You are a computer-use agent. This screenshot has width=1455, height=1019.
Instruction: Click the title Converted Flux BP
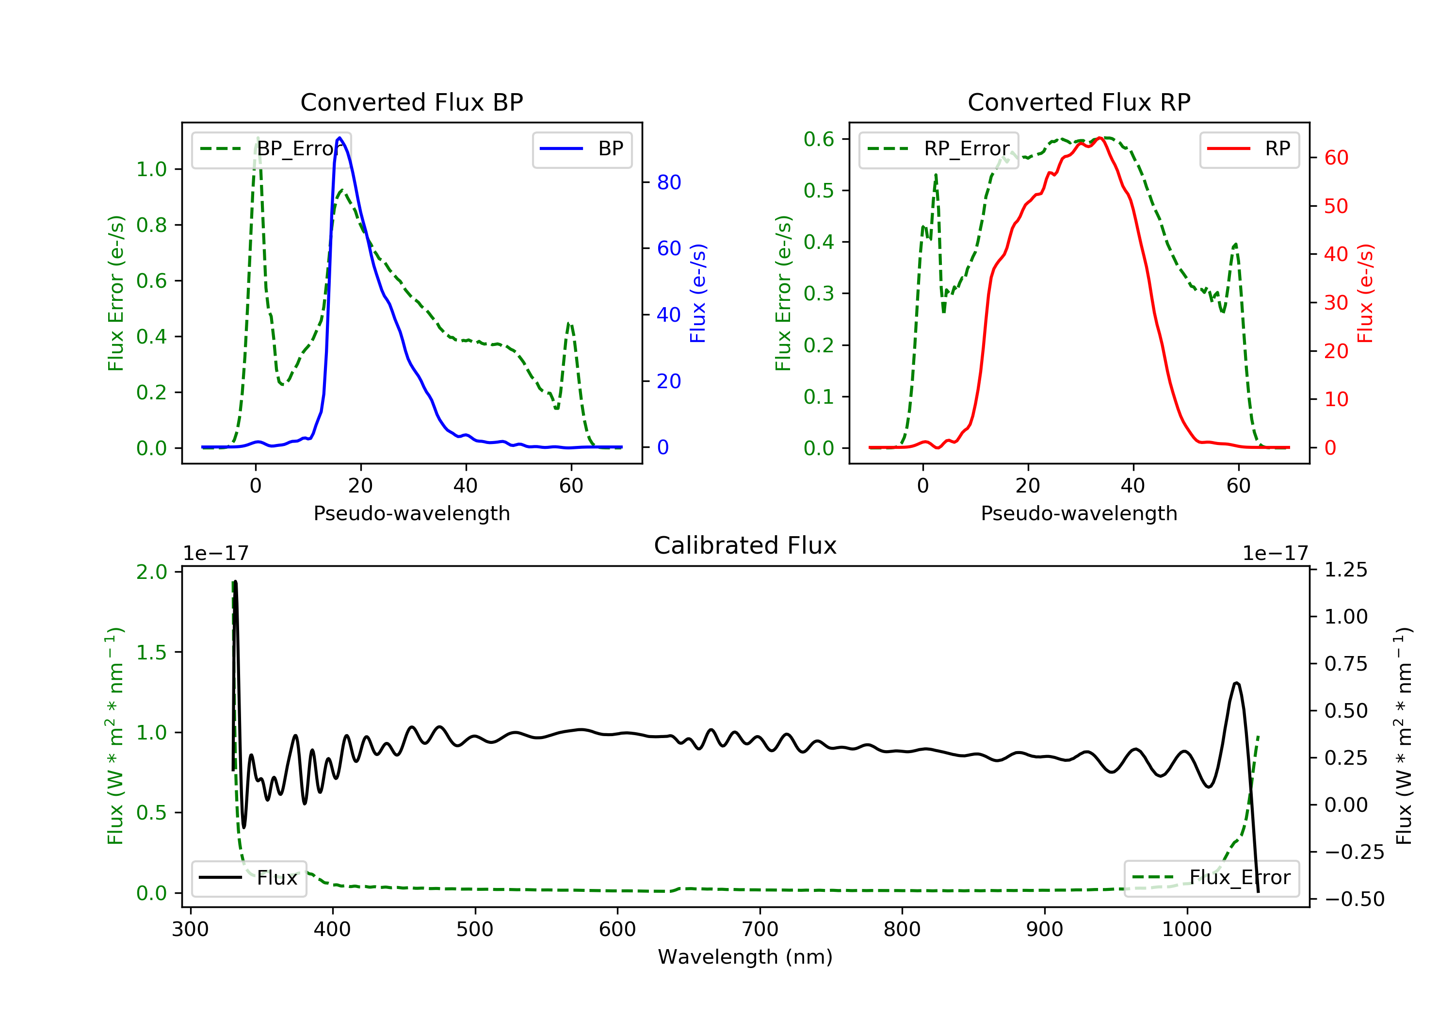coord(411,102)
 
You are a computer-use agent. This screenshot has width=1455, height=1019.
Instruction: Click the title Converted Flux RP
coord(1079,102)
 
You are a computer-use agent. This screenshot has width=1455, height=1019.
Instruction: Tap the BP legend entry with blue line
coord(582,149)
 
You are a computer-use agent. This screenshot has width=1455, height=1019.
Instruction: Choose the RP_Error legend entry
coord(938,149)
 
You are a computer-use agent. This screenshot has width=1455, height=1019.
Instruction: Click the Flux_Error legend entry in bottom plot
coord(1211,878)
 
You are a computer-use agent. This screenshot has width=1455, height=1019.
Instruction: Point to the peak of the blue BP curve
coord(339,138)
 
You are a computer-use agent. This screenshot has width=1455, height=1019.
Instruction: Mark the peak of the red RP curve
coord(1101,138)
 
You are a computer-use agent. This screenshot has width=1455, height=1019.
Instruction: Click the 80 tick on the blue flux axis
coord(668,182)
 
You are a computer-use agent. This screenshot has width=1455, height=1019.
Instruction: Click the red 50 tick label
coord(1336,206)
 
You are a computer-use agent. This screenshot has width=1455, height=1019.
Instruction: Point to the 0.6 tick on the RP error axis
coord(819,139)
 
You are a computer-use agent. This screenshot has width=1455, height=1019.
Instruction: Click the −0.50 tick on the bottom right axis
coord(1354,899)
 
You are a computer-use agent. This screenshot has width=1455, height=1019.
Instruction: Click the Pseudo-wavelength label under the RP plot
coord(1079,513)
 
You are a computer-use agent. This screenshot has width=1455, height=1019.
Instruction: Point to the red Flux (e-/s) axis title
coord(1365,293)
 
